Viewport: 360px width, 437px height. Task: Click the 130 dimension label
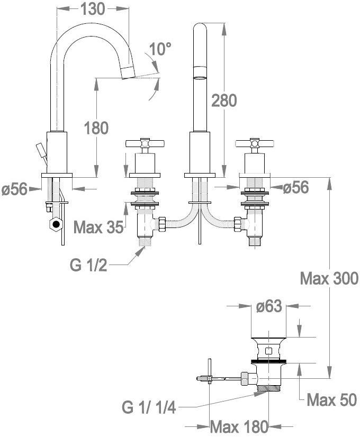93,8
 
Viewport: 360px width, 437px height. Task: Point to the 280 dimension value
224,100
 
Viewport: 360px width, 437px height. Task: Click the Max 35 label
98,227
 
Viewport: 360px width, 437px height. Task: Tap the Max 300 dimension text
329,278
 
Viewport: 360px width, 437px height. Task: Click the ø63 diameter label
268,307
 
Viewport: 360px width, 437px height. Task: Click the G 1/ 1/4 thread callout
148,408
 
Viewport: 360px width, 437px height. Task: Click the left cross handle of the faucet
145,143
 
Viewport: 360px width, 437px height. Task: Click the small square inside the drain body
269,350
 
